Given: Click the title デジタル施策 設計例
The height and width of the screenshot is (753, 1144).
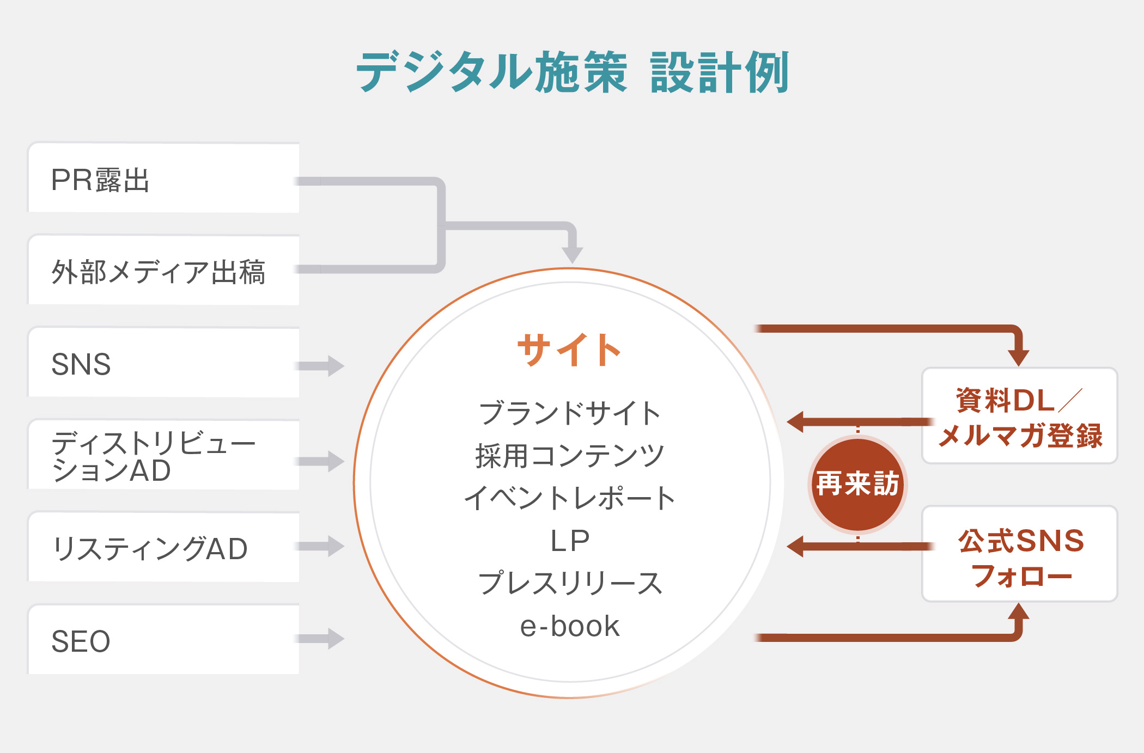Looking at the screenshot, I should click(572, 72).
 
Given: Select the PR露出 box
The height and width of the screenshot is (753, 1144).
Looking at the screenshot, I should click(163, 179).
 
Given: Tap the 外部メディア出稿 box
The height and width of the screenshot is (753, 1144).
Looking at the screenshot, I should click(163, 271).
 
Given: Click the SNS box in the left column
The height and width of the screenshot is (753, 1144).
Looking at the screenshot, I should click(163, 363).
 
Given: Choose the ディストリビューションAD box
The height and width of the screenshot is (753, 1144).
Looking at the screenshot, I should click(163, 456).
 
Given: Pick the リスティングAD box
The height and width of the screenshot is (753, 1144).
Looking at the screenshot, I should click(163, 548).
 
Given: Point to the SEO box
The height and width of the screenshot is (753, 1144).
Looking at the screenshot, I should click(163, 640).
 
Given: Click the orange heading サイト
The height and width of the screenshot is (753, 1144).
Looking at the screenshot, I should click(569, 350).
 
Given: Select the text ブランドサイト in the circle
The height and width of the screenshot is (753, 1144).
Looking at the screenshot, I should click(570, 413).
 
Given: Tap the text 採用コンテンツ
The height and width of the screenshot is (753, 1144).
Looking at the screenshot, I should click(570, 456).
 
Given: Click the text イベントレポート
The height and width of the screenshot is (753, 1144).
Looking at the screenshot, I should click(570, 498).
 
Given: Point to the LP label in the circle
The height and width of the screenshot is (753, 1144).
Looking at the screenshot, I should click(570, 541).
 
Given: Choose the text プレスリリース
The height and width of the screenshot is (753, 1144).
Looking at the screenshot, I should click(570, 583).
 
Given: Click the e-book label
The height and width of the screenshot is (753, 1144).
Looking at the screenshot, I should click(570, 626).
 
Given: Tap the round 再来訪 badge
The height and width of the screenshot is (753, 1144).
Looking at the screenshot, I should click(857, 484).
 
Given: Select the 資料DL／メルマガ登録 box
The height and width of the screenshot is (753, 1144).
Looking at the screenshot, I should click(1019, 417).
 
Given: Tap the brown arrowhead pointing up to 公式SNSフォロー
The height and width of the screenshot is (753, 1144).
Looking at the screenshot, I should click(1018, 612).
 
